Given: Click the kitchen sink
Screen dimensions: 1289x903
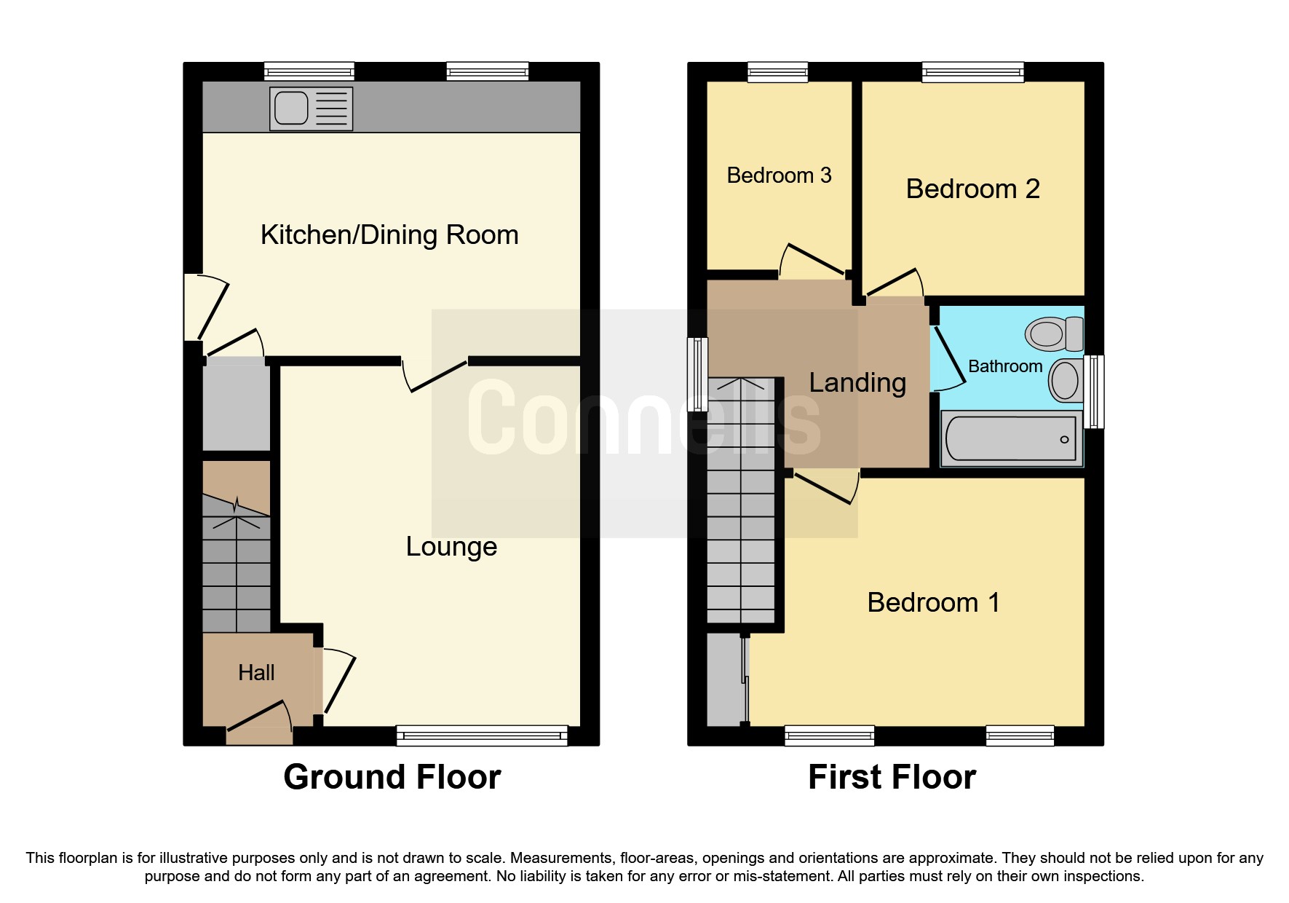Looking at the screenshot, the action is tap(311, 109).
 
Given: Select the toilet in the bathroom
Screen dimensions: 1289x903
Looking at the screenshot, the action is tap(1054, 334).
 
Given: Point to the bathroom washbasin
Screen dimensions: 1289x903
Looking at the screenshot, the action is tap(1066, 380).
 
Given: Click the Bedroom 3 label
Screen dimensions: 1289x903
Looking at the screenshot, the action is tap(779, 176).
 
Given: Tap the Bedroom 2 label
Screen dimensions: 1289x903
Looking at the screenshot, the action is tap(972, 189).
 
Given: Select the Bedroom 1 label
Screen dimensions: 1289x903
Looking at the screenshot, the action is tap(933, 603).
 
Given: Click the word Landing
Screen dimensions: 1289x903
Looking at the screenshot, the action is tap(857, 383).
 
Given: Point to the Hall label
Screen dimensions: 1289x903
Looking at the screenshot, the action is tap(256, 672).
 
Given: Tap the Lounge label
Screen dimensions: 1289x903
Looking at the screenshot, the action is tap(451, 547).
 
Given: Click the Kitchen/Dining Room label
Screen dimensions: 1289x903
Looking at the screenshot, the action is tap(389, 235).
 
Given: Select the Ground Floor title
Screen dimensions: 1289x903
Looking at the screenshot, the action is tap(392, 777).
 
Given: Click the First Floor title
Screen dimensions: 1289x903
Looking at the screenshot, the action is tap(892, 777).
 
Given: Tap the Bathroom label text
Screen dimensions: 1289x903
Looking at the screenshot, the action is tap(1005, 366).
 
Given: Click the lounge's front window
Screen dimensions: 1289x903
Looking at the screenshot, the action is tap(482, 736).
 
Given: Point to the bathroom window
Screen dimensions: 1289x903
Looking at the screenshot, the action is tap(1094, 392).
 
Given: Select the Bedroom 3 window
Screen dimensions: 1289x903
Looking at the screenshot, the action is tap(778, 71).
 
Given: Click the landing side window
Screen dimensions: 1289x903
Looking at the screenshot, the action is tap(697, 374).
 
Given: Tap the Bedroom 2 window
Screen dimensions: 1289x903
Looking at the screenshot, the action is tap(973, 71).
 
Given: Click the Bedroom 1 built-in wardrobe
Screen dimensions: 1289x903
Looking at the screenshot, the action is tap(725, 679).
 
